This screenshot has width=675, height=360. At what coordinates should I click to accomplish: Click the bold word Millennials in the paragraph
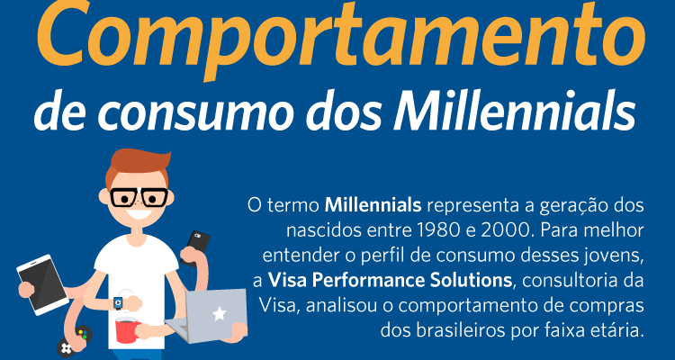[x=373, y=205]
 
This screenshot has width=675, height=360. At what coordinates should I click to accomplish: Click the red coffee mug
[x=128, y=330]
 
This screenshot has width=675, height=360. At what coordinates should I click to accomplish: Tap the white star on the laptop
[x=219, y=314]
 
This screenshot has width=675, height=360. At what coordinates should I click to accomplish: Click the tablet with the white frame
[x=42, y=284]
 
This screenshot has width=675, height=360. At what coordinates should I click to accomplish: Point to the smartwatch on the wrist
[x=118, y=302]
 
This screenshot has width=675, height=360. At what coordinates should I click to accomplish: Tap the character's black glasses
[x=139, y=197]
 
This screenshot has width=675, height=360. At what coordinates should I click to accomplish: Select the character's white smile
[x=139, y=213]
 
